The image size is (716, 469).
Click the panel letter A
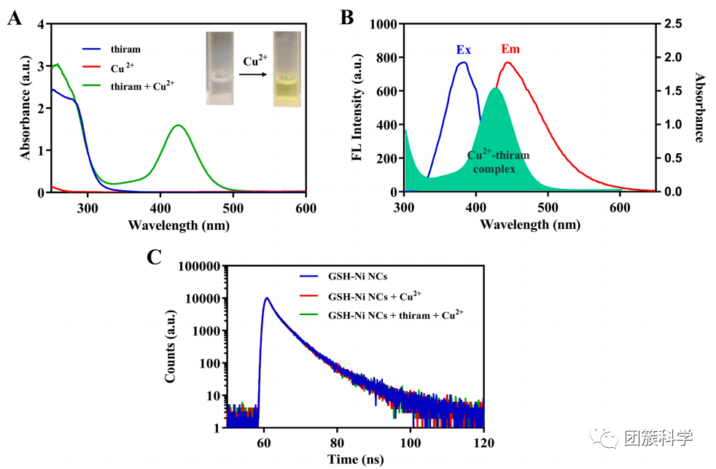14,18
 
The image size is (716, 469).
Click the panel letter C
155,258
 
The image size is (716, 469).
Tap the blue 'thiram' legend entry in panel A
126,50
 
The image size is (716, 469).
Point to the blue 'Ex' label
463,50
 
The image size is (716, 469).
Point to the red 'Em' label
510,50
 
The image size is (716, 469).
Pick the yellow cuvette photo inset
287,69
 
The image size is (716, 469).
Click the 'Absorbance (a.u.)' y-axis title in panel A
25,108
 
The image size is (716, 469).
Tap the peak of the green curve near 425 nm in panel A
179,125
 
